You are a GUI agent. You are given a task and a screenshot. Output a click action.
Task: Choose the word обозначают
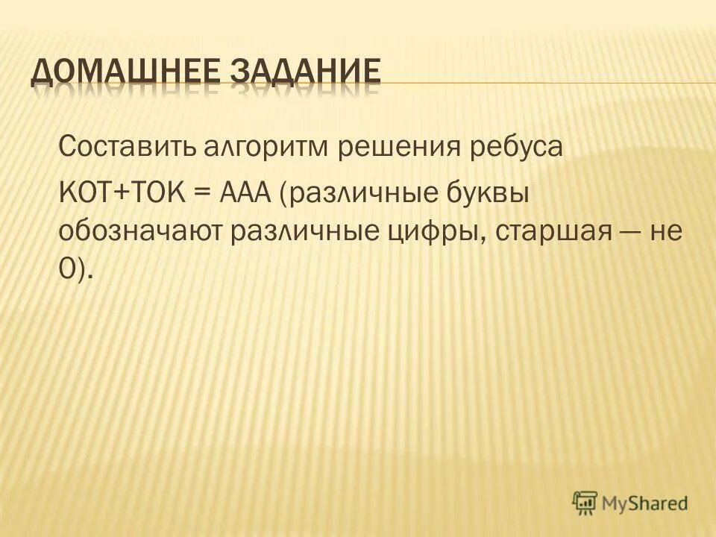coord(139,233)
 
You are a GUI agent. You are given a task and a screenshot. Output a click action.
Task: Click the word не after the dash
coord(668,233)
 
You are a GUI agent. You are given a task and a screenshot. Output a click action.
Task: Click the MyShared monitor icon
coord(585,502)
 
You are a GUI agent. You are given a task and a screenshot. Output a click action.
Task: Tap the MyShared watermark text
coord(644,503)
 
